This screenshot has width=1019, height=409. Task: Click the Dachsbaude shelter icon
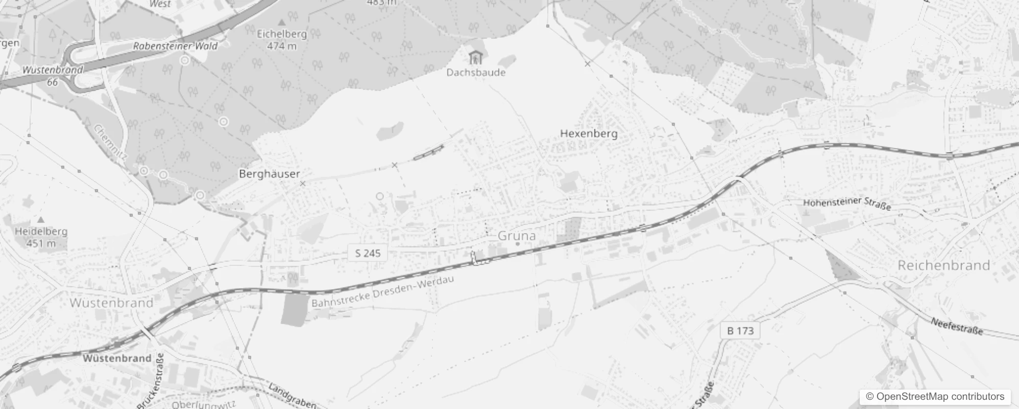point(475,57)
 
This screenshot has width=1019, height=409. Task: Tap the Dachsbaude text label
point(476,72)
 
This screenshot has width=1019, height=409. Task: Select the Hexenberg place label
point(589,133)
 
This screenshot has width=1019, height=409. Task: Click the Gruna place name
point(516,236)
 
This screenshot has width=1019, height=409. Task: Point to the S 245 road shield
point(368,253)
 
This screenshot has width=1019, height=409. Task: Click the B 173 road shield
point(740,331)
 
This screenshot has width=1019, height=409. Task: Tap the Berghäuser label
point(269,174)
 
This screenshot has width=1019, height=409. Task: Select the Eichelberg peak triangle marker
point(281,22)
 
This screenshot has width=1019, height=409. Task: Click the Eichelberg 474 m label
point(282,40)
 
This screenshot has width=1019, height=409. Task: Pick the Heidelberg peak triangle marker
point(41,220)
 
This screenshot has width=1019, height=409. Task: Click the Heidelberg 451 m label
point(41,237)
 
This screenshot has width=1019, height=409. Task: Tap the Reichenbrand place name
point(943,265)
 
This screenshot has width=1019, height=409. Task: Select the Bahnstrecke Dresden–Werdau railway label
point(382,292)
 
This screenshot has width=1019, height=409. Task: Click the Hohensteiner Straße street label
point(847,203)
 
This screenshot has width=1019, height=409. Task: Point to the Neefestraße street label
point(957,326)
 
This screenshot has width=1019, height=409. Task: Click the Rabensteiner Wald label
point(175,46)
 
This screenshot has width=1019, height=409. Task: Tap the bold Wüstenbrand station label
point(117,358)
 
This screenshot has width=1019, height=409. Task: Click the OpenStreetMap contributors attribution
point(935,397)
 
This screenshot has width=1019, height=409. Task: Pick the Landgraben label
point(292,396)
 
